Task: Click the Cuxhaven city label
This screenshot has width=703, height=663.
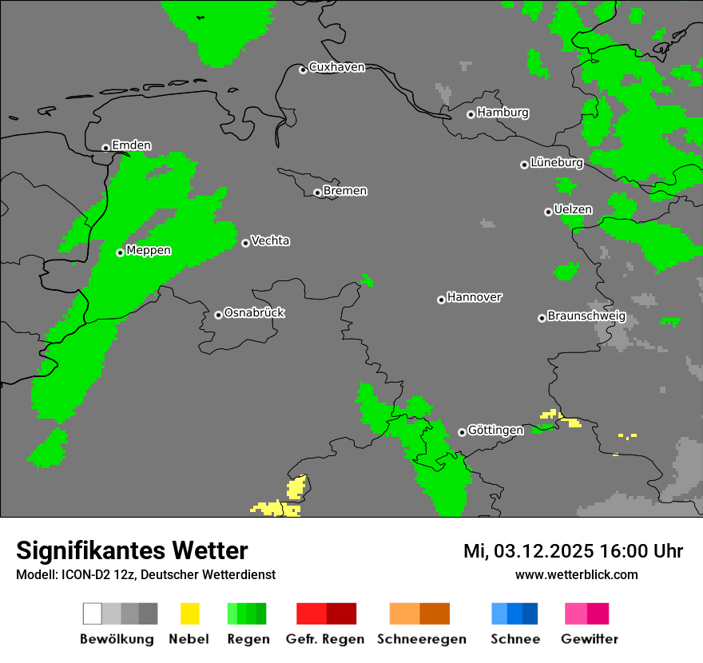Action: point(336,67)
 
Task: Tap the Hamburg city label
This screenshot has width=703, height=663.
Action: point(502,113)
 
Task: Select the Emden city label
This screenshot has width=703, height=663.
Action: point(131,145)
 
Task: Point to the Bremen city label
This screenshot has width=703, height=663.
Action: point(345,191)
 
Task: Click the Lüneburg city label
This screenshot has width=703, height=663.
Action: point(557,163)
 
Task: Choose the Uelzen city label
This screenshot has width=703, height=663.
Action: point(573,210)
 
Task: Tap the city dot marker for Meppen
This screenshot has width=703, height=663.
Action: point(120,252)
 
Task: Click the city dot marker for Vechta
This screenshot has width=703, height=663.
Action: point(245,243)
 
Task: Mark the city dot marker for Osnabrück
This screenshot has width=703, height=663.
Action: point(218,315)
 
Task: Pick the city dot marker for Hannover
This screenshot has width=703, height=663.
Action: point(441,300)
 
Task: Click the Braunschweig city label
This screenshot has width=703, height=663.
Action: point(586,316)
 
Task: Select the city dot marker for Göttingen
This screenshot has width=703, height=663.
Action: point(462,432)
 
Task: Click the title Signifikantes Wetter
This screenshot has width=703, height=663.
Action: point(132,550)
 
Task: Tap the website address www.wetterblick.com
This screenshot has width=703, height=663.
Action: point(576,574)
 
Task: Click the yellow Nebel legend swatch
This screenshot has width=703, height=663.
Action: point(189,613)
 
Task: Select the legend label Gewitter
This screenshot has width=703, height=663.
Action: point(589,639)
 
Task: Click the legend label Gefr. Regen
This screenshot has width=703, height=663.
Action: point(325,639)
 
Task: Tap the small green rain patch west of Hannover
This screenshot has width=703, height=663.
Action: point(367,280)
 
